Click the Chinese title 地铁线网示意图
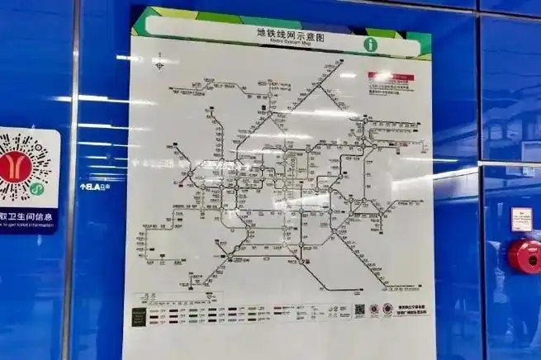point(284,32)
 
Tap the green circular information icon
point(370,44)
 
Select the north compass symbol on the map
point(159,60)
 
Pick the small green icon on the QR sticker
point(35,189)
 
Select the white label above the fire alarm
point(521,219)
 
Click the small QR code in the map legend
point(361,310)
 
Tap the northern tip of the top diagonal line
point(340,62)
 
